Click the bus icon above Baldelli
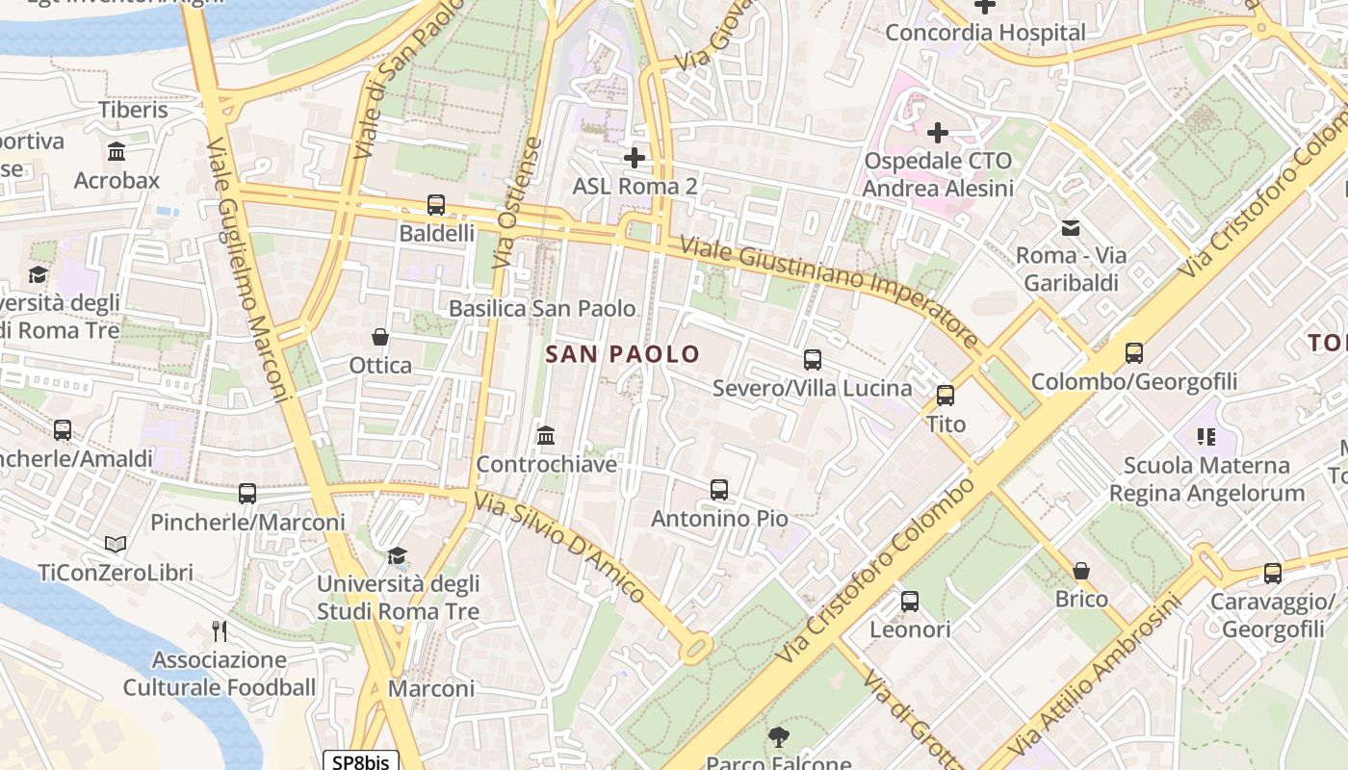pos(436,204)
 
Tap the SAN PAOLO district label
pos(623,354)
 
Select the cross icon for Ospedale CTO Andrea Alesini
pos(938,132)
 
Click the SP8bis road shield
pos(360,761)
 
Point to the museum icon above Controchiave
pos(546,435)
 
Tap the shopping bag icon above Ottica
pos(380,337)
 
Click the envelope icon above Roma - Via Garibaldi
pos(1070,228)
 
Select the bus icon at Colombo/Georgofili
pos(1134,353)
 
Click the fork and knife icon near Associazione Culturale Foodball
pos(220,630)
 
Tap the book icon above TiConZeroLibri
pos(116,545)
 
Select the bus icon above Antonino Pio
pos(719,489)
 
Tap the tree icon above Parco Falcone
pos(778,737)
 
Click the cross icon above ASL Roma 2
pos(635,157)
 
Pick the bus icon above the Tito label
pos(946,395)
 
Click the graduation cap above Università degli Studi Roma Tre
pos(398,555)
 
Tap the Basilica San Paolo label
pos(542,308)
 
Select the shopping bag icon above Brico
pos(1081,570)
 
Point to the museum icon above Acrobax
pos(117,151)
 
